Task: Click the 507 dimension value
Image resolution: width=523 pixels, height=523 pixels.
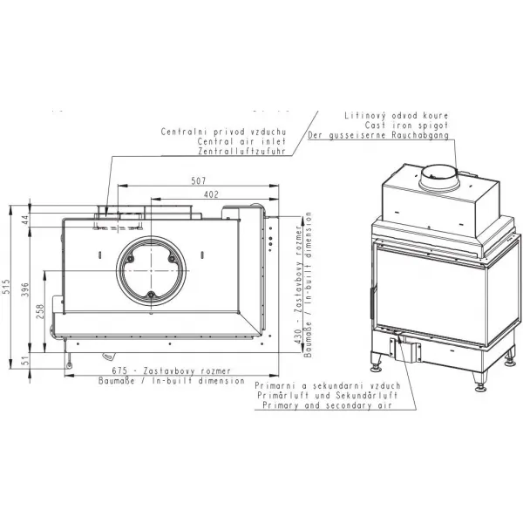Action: (x=199, y=180)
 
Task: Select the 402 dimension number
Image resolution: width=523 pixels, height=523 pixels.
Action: (x=211, y=194)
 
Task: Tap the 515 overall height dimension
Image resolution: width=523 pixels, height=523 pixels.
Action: (x=6, y=287)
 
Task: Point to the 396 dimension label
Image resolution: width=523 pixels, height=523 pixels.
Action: (x=25, y=290)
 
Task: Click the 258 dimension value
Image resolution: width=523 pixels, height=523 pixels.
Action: (x=40, y=311)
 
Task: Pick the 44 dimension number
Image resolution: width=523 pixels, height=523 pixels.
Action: (x=25, y=220)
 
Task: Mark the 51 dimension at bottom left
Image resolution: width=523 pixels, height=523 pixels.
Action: (x=26, y=361)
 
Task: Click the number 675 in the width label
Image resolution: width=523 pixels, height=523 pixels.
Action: (x=119, y=371)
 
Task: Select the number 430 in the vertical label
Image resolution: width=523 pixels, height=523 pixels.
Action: (x=298, y=336)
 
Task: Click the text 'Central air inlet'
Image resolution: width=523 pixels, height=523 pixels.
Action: (x=241, y=141)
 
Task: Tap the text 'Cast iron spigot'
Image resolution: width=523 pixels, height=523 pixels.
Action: (x=406, y=126)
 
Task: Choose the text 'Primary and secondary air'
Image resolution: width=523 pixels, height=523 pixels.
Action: (x=327, y=405)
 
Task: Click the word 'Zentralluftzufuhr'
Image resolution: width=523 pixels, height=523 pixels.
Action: (x=241, y=151)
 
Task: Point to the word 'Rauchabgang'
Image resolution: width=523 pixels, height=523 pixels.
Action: (x=420, y=135)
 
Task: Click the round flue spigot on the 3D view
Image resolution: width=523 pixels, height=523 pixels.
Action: (x=439, y=178)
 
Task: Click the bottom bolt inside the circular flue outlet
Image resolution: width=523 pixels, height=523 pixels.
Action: (x=151, y=295)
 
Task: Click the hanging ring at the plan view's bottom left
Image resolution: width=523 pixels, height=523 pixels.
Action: (x=69, y=365)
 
